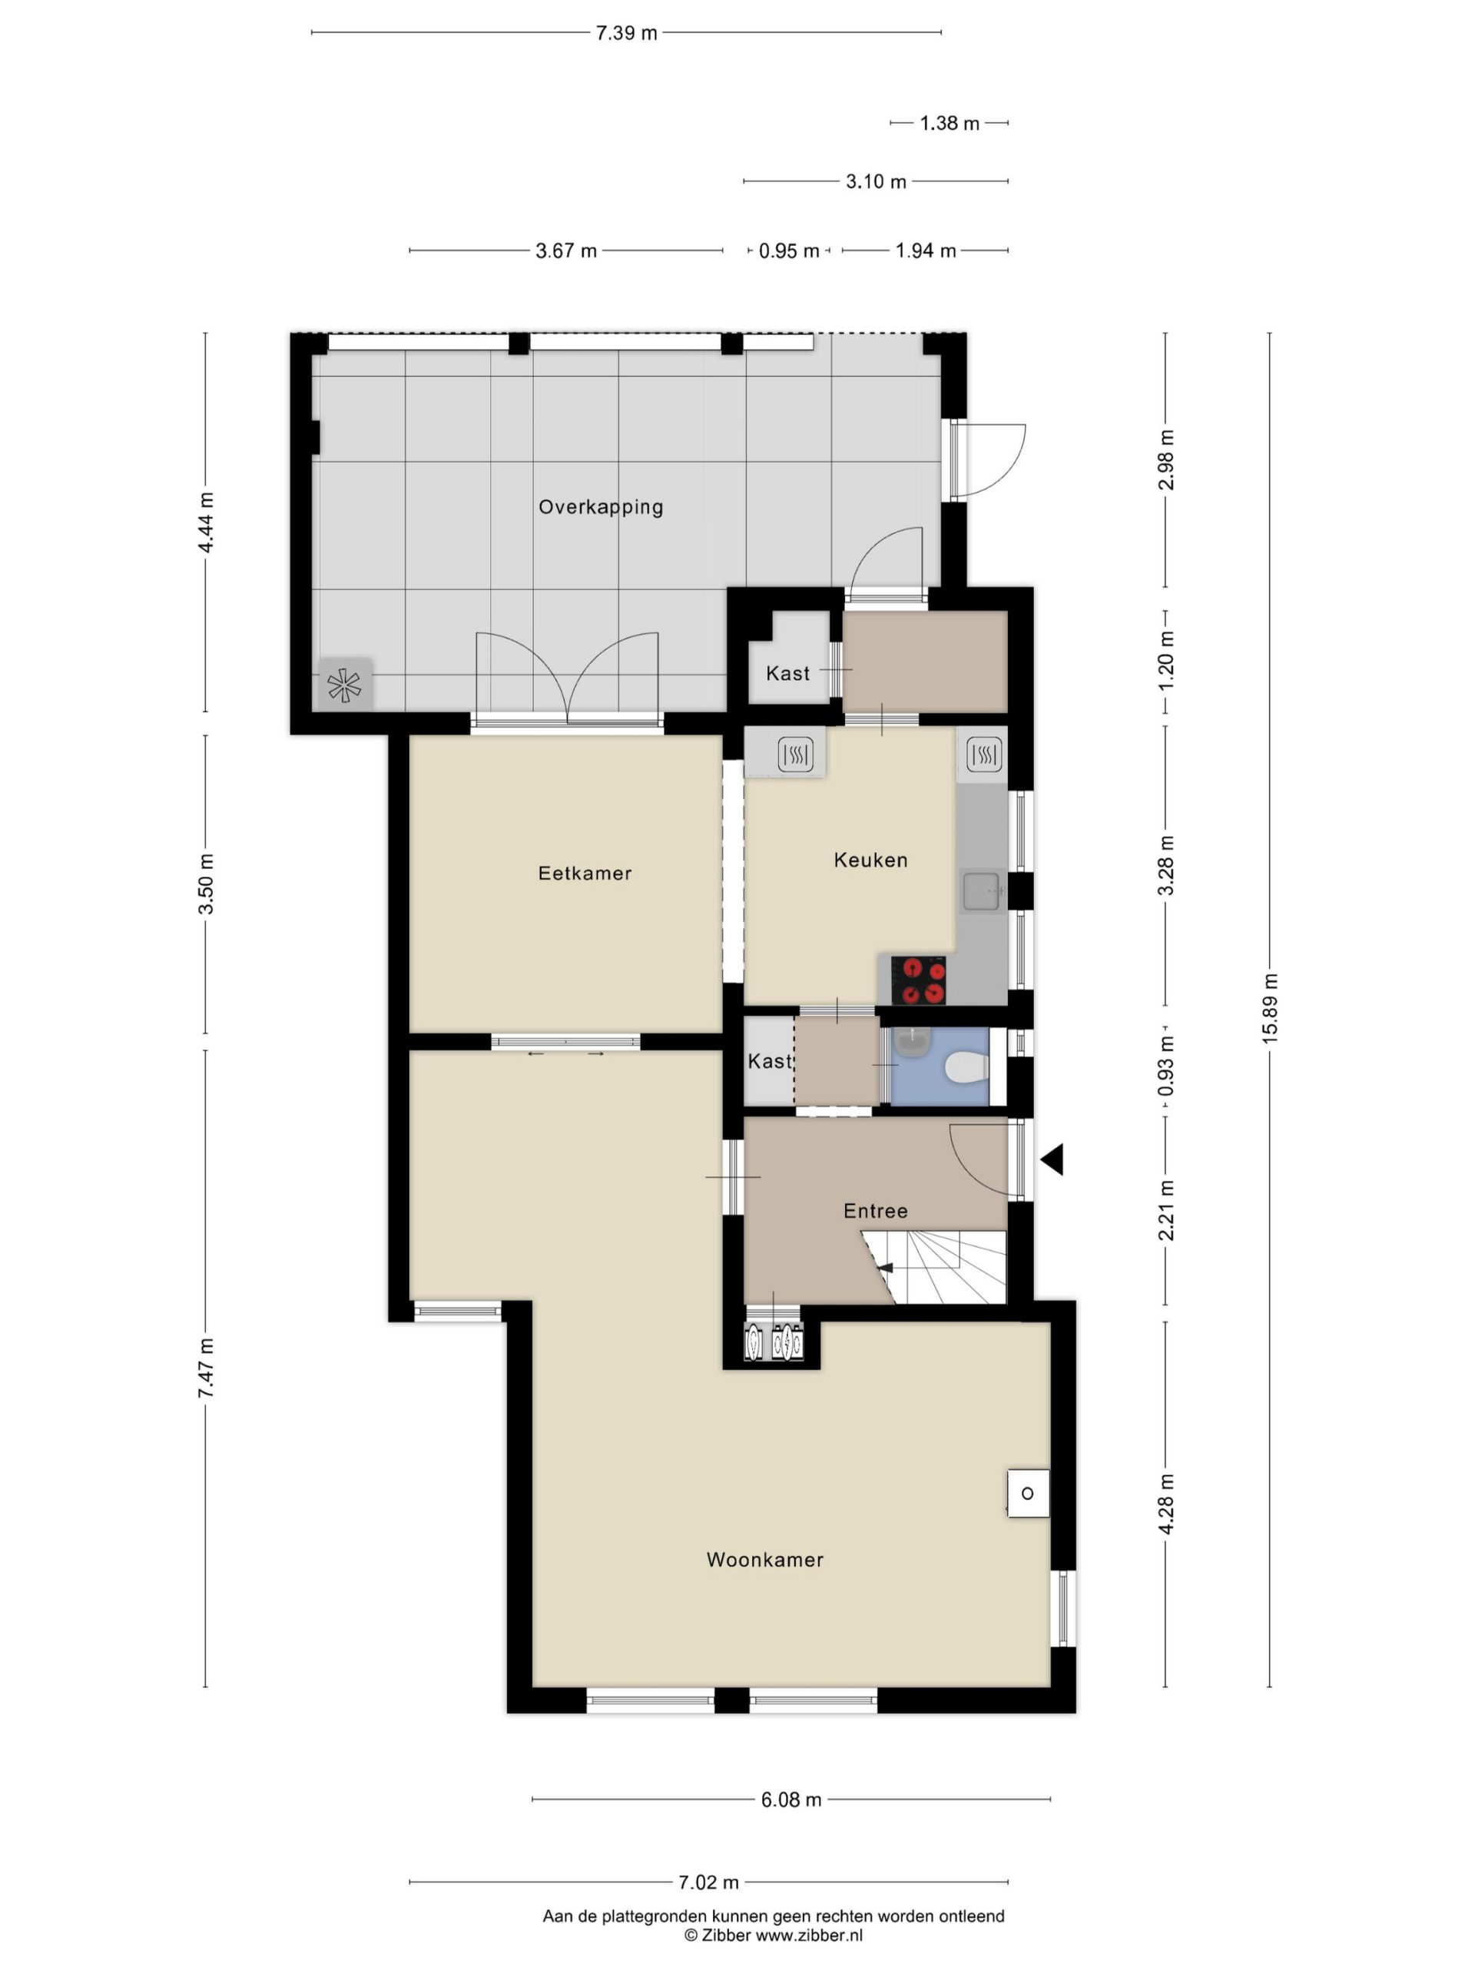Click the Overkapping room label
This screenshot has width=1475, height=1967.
pos(601,507)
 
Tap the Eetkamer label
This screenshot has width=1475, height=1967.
pos(585,873)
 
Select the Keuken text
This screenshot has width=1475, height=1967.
pos(870,860)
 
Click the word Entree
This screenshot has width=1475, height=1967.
pos(876,1211)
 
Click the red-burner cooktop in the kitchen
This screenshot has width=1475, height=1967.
pos(917,980)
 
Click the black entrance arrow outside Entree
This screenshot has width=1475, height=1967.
pos(1052,1159)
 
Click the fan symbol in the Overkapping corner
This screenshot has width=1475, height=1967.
pos(345,685)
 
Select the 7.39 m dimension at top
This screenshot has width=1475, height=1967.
pos(627,33)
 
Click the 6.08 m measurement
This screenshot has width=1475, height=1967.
pos(791,1799)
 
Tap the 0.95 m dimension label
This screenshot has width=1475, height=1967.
pos(789,250)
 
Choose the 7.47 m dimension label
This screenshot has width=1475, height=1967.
pos(205,1368)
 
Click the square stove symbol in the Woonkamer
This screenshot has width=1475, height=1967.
pos(1028,1493)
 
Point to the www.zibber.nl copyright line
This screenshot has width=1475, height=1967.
pos(774,1935)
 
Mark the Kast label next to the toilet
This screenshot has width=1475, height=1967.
pos(769,1061)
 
